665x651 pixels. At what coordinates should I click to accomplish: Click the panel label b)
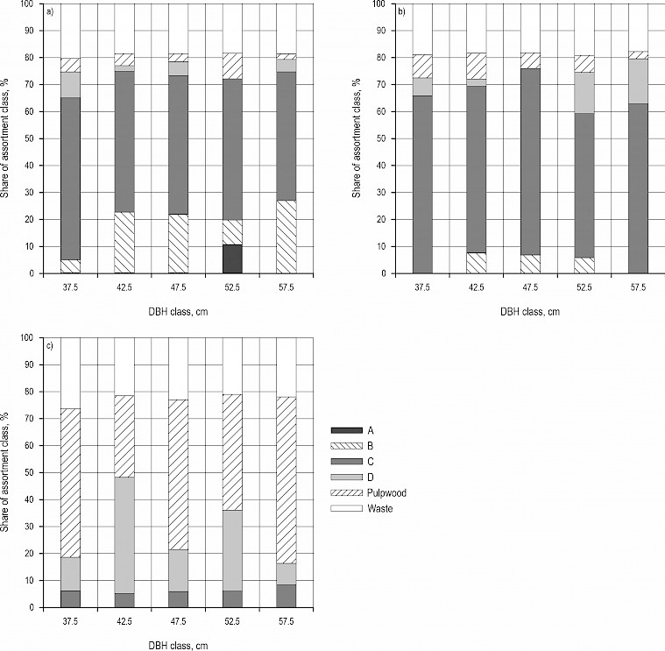tap(402, 11)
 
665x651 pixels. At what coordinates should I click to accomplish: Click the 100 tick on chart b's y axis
tap(378, 4)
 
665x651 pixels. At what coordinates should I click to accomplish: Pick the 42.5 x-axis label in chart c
tap(124, 621)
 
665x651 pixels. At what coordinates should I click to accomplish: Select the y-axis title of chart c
tap(8, 471)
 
